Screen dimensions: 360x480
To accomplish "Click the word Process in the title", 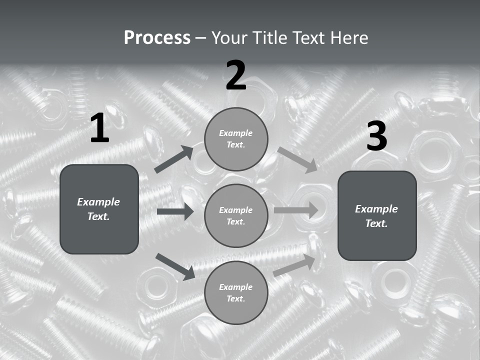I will point(157,38).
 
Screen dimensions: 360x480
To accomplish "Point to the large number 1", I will point(99,128).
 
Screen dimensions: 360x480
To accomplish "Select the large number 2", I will point(236,75).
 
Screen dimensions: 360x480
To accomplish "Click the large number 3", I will point(376,136).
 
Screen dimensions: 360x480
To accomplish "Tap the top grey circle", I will point(236,139).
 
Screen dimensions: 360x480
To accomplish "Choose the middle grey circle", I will point(236,215).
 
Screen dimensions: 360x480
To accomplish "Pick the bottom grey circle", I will point(236,292).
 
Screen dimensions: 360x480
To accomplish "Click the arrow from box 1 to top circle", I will point(173,159).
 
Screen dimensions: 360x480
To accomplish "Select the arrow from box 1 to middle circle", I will point(175,211).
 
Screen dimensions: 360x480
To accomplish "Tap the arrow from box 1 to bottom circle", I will point(175,266).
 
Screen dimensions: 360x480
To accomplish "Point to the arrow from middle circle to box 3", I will point(296,210).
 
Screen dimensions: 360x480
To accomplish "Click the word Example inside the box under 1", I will point(98,202).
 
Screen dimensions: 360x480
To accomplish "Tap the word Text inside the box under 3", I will point(376,223).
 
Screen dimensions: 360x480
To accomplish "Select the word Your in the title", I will point(229,38).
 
